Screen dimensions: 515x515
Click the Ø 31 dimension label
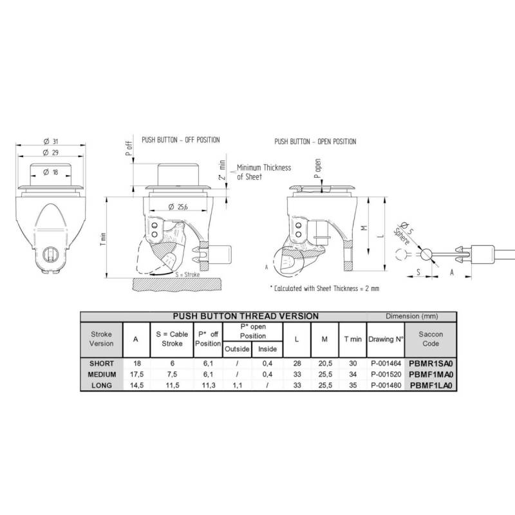[x=51, y=141]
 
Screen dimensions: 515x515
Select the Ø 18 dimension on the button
[x=51, y=172]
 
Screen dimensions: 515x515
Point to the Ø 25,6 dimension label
[x=178, y=207]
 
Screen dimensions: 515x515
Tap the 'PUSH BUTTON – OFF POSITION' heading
[x=181, y=140]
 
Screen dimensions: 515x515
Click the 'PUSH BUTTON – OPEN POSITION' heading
[x=315, y=142]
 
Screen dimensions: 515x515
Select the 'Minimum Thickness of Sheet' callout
[x=264, y=172]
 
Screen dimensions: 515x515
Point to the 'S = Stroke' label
[x=187, y=275]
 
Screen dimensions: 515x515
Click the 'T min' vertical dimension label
[x=103, y=239]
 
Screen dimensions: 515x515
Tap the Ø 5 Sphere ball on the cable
[x=426, y=254]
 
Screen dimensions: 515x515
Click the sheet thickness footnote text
[x=324, y=288]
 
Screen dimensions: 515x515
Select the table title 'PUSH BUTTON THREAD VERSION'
[x=246, y=316]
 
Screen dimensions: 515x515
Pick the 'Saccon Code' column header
[x=431, y=339]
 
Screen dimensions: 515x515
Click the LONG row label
[x=102, y=385]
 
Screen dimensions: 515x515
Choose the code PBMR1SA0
[x=431, y=364]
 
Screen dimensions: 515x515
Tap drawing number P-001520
[x=386, y=375]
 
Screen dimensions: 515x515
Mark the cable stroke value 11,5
[x=172, y=385]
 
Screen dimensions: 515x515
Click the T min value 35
[x=353, y=385]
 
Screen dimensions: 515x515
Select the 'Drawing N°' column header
[x=386, y=339]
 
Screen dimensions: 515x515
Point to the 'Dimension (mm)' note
[x=412, y=316]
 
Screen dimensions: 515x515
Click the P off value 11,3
[x=209, y=385]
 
